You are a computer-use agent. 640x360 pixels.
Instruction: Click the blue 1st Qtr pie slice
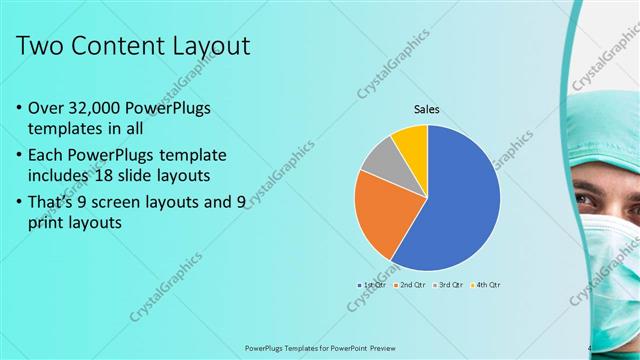coord(455,200)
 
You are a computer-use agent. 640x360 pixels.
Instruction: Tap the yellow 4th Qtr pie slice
coord(411,143)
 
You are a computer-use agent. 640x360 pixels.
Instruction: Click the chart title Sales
coord(427,110)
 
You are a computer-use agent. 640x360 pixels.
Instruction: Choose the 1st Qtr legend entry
coord(374,285)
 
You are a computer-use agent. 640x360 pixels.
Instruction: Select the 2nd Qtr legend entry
coord(411,285)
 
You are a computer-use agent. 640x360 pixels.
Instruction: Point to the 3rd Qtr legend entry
coord(448,285)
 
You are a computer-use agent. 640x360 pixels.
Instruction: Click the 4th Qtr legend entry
coord(484,285)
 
